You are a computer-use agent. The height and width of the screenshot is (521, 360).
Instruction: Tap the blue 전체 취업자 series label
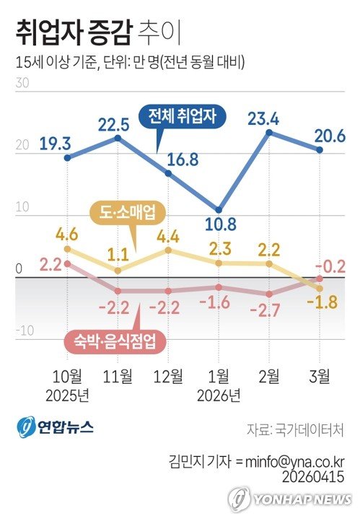click(x=187, y=115)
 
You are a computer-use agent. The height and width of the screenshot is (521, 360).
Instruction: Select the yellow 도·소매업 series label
click(x=127, y=212)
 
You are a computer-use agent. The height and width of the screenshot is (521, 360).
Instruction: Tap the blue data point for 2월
click(x=269, y=133)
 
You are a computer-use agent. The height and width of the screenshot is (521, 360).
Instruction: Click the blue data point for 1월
click(x=219, y=210)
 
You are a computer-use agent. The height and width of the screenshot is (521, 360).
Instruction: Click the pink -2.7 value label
click(x=268, y=310)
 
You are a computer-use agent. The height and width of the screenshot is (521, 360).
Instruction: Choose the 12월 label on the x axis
click(x=168, y=375)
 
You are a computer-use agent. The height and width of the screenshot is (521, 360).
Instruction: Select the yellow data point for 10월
click(x=67, y=249)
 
